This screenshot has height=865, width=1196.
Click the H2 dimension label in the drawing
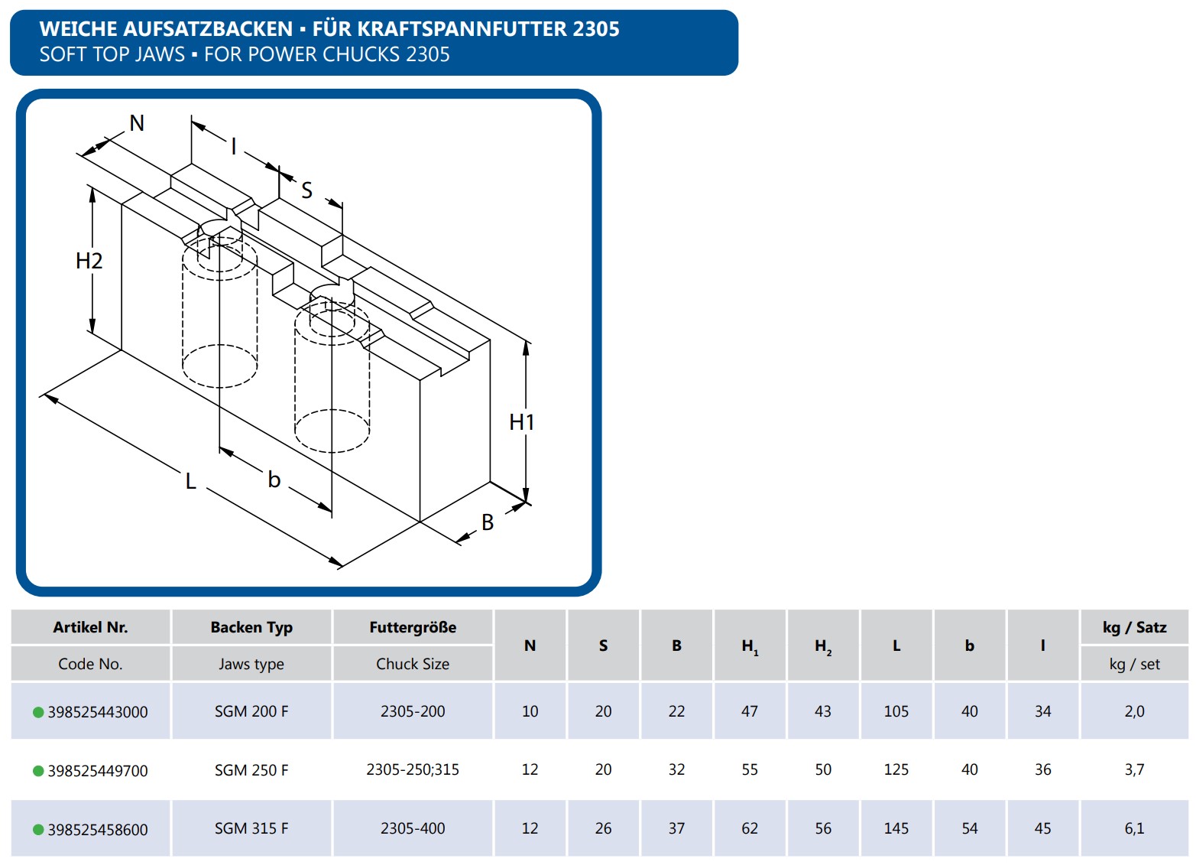pos(89,261)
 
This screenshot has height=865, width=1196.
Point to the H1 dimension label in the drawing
pos(522,422)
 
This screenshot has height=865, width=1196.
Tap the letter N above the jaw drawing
pos(138,123)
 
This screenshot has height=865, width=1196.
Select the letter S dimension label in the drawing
pos(306,190)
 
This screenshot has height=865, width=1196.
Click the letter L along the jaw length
pos(190,481)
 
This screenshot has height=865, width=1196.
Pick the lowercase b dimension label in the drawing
pos(274,480)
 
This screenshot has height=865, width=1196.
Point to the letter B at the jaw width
pos(488,522)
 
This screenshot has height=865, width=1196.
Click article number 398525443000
pos(98,712)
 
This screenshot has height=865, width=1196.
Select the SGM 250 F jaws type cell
pos(251,770)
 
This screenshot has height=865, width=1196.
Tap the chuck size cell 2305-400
pos(413,828)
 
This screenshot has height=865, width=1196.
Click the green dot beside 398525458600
pos(38,830)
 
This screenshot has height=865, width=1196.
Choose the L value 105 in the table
pos(896,711)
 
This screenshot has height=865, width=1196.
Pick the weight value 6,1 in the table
pos(1135,828)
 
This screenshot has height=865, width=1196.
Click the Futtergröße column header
pos(413,627)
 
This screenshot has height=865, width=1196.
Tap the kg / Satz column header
pos(1135,627)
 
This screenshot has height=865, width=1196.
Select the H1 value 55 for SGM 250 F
pos(750,769)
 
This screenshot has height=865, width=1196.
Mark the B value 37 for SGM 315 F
pos(676,828)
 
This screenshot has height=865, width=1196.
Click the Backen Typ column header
pos(251,627)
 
